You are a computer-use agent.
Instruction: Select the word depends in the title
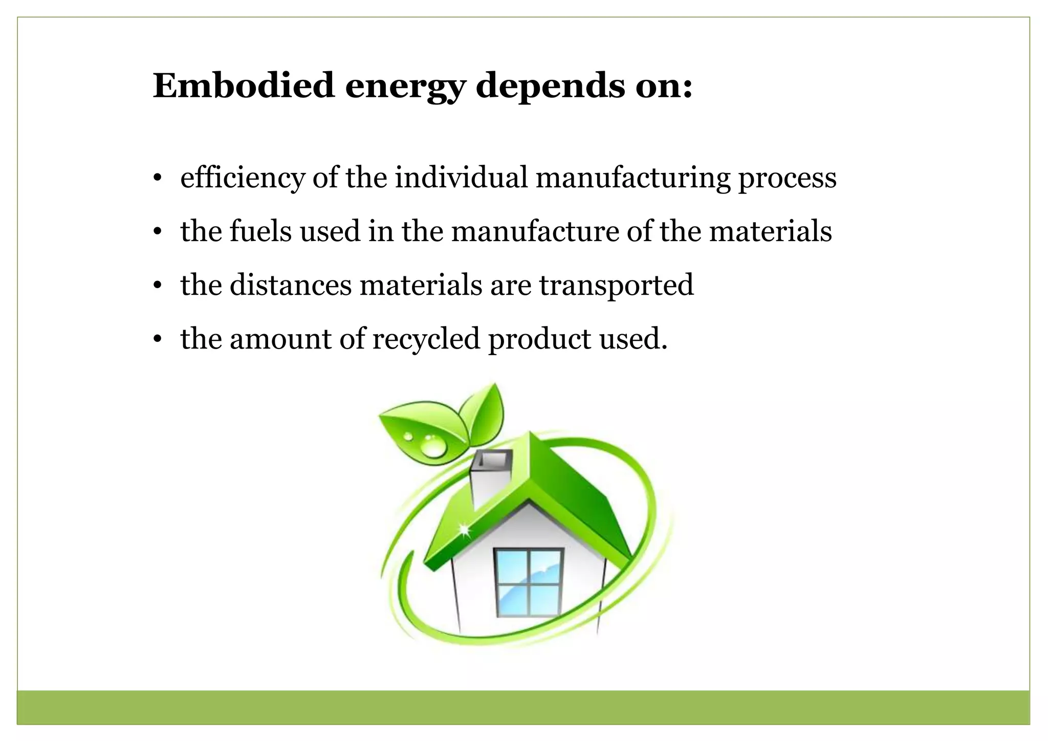coord(550,86)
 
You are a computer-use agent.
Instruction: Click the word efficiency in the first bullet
coord(243,178)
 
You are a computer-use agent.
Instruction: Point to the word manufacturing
coord(632,178)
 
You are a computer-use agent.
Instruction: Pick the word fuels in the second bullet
coord(260,231)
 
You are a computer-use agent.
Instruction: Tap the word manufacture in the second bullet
coord(535,231)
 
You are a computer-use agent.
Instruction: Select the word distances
coord(290,285)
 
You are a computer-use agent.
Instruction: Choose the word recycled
coord(426,339)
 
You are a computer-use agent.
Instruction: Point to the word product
coord(540,339)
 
